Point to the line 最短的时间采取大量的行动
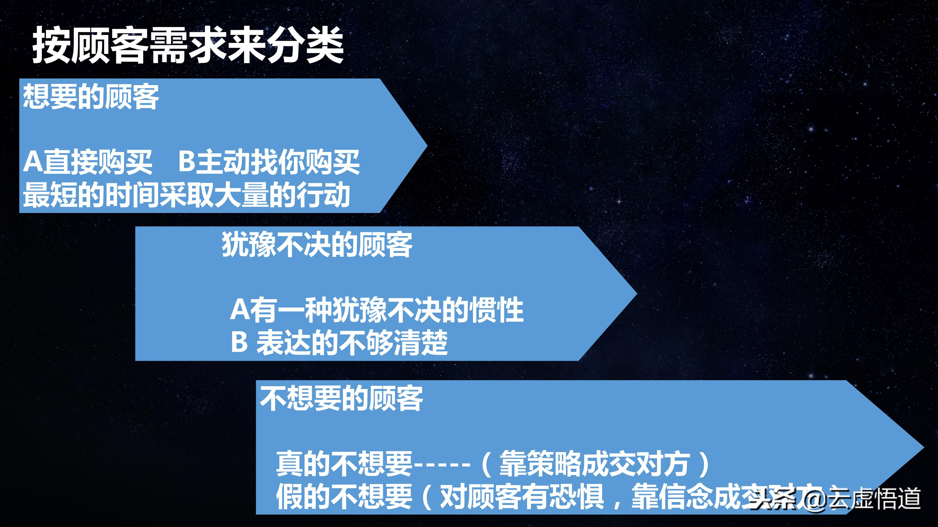click(186, 195)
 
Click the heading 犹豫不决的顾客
click(317, 244)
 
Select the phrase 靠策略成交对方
click(594, 464)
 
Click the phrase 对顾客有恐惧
click(522, 497)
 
